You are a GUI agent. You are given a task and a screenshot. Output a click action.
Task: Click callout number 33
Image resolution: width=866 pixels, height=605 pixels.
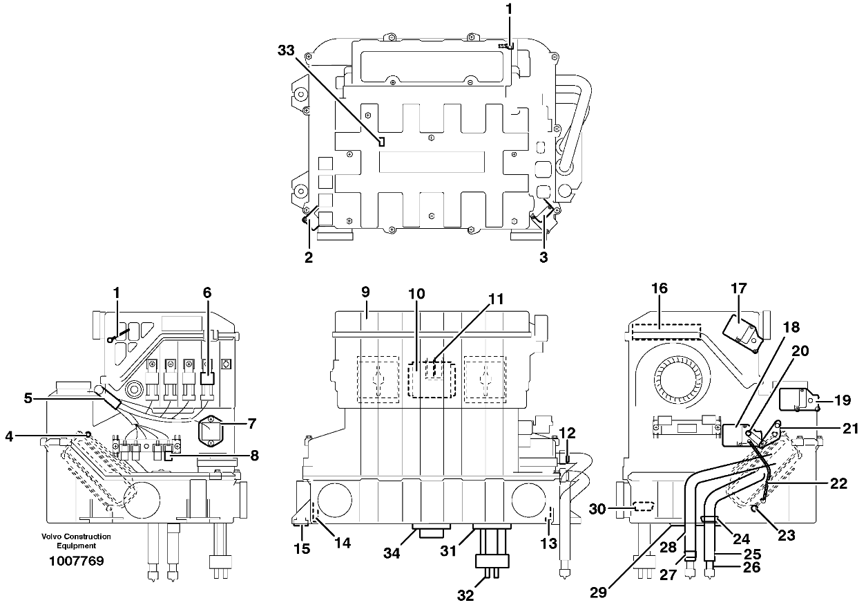(x=286, y=50)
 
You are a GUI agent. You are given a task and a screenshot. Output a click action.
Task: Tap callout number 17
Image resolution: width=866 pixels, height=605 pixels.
(x=738, y=288)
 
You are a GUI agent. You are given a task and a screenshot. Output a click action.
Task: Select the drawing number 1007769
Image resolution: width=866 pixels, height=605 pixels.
(x=77, y=561)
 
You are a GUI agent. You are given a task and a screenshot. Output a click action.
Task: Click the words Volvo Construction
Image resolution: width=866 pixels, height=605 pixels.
(x=76, y=537)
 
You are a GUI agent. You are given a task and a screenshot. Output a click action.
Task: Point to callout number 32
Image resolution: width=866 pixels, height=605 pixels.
(x=465, y=595)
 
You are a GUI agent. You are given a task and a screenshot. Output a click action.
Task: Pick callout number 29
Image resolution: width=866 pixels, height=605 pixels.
(x=599, y=593)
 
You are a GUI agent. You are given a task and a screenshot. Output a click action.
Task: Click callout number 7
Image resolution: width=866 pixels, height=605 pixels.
(x=251, y=424)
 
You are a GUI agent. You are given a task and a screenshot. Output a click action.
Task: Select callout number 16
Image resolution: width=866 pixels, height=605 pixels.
(x=659, y=288)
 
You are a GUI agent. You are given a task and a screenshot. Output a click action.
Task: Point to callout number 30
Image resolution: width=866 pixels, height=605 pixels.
(x=597, y=509)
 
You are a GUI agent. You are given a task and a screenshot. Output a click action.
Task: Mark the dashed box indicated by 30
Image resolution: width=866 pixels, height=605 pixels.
(x=644, y=507)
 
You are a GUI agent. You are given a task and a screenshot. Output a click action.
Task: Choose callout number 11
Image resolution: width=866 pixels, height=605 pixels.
(x=496, y=299)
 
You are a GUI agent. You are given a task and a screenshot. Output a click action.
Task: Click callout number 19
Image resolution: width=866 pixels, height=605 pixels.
(x=843, y=400)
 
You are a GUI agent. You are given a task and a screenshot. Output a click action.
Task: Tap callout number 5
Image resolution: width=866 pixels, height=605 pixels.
(x=28, y=398)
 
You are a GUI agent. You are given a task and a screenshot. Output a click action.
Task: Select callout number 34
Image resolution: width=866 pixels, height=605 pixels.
(x=392, y=554)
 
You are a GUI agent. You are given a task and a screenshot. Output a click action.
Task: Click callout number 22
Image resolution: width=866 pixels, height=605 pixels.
(x=838, y=483)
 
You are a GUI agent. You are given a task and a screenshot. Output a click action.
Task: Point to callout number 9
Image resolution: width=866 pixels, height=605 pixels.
(x=366, y=292)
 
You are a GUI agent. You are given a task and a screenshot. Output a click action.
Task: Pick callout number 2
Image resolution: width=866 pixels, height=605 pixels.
(x=309, y=257)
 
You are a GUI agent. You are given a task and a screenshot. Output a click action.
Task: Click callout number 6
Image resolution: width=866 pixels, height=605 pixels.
(x=207, y=292)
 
